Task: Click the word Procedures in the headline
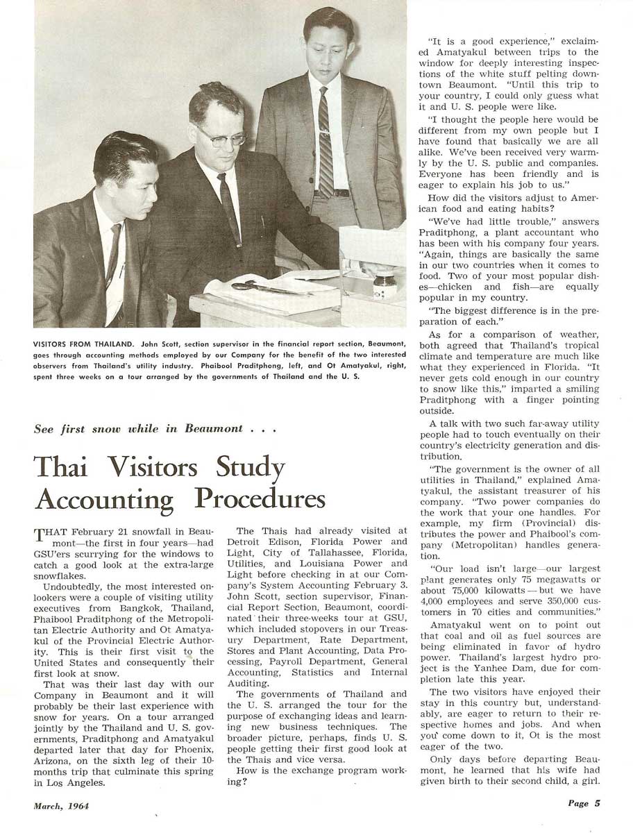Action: pos(260,498)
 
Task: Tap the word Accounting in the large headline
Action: pos(105,500)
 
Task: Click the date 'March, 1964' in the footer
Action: pos(61,806)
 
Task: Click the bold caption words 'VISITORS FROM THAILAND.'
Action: pos(87,343)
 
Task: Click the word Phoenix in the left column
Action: pos(193,759)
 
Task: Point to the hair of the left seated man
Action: pos(125,151)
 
